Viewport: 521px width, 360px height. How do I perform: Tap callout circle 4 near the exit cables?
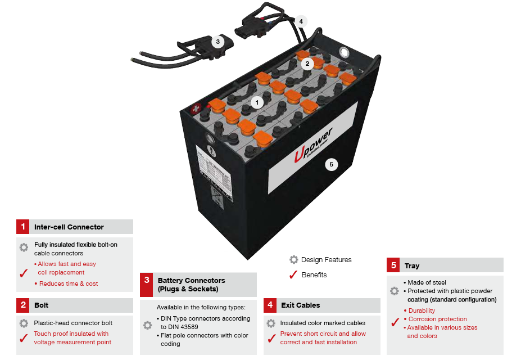point(301,21)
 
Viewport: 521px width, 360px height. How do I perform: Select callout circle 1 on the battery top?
point(257,102)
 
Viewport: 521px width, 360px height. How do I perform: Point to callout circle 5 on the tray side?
point(332,164)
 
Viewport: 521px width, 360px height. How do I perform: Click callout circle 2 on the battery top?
point(307,64)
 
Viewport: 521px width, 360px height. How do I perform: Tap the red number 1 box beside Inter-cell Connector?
point(23,227)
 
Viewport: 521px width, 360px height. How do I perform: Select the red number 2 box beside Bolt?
point(23,305)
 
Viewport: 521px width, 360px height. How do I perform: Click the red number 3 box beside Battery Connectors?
point(147,285)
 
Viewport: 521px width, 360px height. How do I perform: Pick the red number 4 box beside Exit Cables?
point(270,305)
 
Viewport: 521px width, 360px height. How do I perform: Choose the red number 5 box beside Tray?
point(393,265)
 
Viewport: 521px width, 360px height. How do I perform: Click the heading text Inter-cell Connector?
point(69,227)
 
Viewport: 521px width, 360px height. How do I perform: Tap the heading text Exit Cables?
point(300,305)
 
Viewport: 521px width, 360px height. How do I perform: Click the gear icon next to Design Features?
point(293,260)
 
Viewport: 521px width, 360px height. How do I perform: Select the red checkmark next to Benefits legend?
point(293,275)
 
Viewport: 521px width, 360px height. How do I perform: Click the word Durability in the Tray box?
point(422,310)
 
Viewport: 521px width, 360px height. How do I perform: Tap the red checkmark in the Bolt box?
point(24,338)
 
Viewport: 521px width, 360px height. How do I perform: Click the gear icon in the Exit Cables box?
point(271,323)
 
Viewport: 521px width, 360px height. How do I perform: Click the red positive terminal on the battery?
point(197,107)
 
